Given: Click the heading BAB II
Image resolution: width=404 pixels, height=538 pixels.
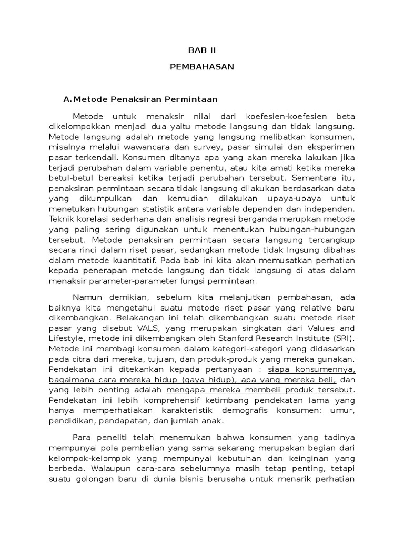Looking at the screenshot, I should point(202,50).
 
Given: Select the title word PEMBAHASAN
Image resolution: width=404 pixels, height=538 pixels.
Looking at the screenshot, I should point(202,67).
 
